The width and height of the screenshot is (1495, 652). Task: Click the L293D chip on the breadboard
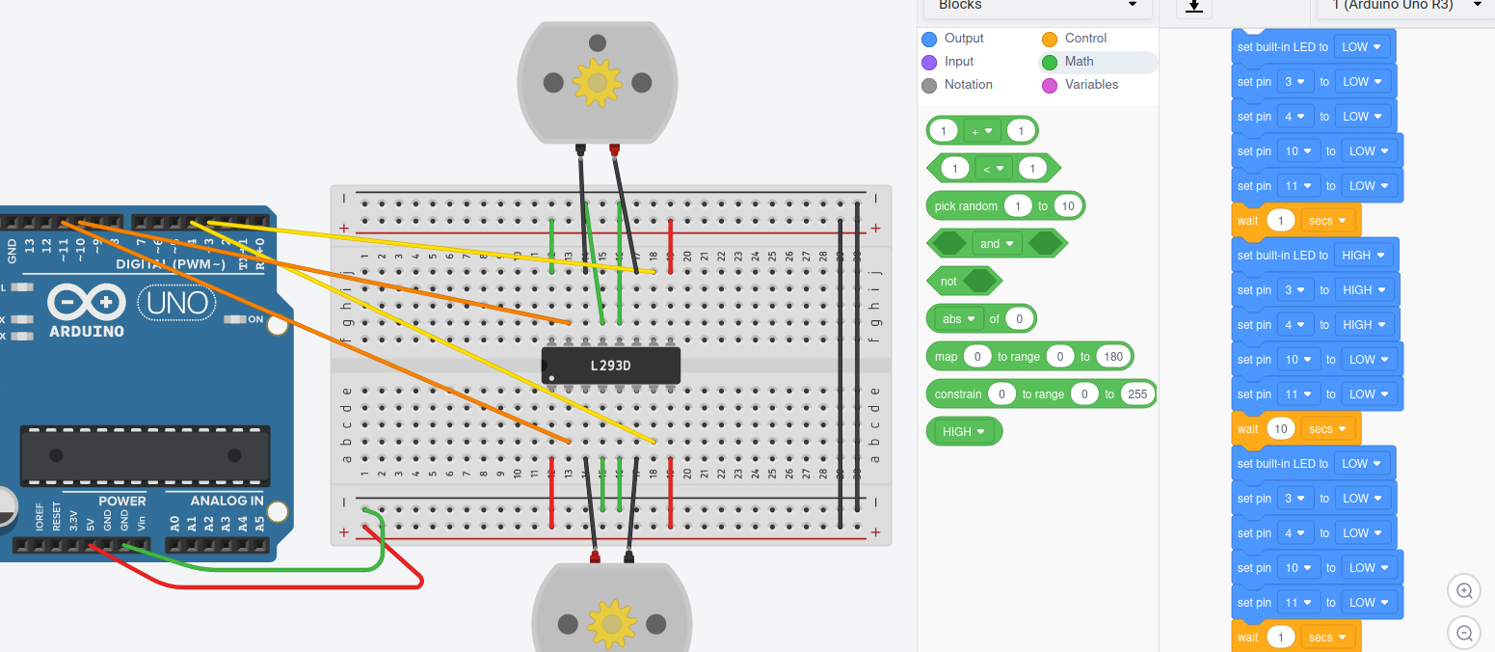[611, 366]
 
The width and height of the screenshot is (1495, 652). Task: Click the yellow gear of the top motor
[597, 82]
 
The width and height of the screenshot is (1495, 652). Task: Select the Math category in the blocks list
[1079, 62]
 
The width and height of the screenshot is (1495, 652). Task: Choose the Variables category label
[1091, 85]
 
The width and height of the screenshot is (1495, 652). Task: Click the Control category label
[1085, 39]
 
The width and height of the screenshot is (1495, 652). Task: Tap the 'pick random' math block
[965, 206]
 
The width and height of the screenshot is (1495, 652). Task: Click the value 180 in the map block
[1113, 357]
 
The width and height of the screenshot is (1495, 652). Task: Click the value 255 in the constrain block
[1136, 394]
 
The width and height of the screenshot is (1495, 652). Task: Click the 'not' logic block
[948, 282]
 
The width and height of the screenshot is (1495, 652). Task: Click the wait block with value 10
[1249, 429]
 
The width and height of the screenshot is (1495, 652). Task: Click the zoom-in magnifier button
[1464, 590]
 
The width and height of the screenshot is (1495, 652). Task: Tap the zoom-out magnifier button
[1464, 633]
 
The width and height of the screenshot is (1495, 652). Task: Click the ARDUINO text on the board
[86, 331]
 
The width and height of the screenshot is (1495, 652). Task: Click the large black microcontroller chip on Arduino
[145, 454]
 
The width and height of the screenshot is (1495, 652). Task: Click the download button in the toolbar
[1193, 6]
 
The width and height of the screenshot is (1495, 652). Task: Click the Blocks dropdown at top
[1037, 6]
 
